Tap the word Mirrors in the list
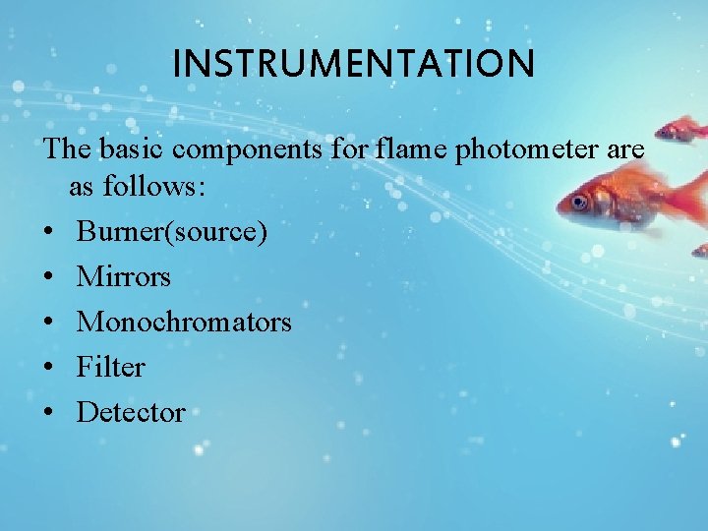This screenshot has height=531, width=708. click(123, 277)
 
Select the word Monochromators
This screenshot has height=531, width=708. click(184, 323)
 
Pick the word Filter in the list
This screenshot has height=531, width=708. click(110, 368)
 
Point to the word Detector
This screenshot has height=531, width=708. click(130, 413)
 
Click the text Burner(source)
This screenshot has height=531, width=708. click(171, 232)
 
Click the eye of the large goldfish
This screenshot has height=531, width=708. click(579, 203)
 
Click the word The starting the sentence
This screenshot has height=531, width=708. click(65, 149)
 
